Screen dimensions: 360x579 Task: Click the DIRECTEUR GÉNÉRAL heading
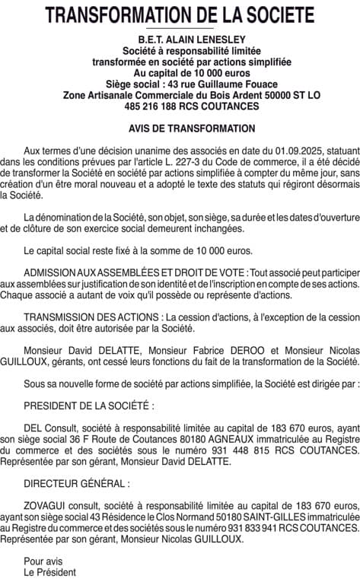pos(76,483)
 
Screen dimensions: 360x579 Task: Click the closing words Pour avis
pos(40,561)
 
